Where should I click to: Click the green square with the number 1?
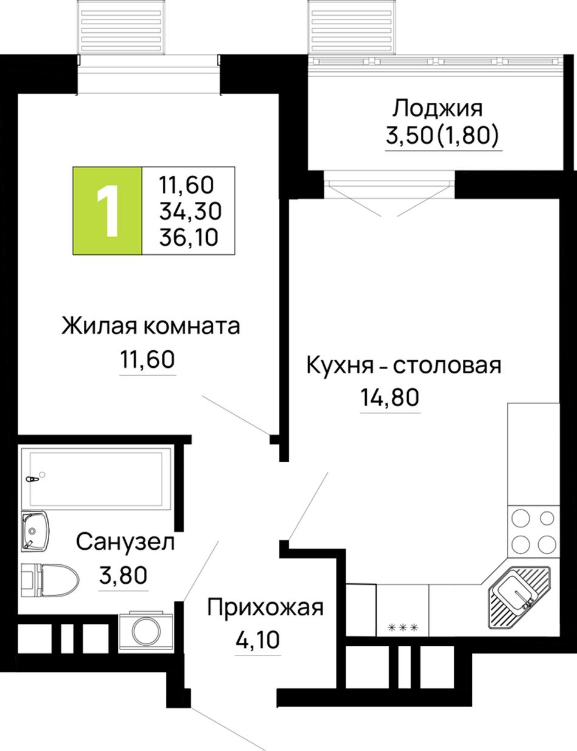[x=107, y=211]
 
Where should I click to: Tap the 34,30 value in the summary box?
[x=190, y=211]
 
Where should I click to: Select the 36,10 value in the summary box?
[x=189, y=237]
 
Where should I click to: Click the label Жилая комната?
[x=151, y=326]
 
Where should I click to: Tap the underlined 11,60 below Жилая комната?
[x=148, y=359]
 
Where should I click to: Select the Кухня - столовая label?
[x=404, y=365]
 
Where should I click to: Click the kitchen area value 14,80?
[x=389, y=398]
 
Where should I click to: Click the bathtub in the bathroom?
[x=97, y=479]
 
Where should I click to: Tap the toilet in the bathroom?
[x=50, y=580]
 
